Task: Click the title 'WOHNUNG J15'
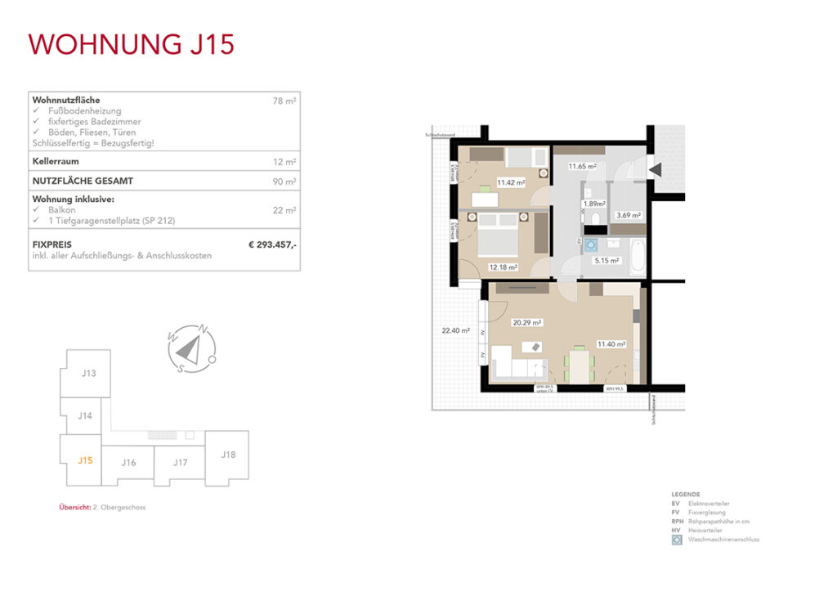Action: click(132, 43)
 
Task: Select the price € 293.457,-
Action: click(272, 244)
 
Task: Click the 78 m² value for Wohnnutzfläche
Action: click(284, 101)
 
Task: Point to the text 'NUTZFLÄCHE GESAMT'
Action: click(83, 181)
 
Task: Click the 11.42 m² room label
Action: click(510, 182)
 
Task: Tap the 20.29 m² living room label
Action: click(524, 322)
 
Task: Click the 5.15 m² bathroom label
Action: click(606, 260)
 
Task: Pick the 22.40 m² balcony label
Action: click(455, 330)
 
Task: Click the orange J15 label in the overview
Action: click(85, 460)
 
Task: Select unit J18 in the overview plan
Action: click(228, 454)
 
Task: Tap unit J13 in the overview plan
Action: click(89, 374)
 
